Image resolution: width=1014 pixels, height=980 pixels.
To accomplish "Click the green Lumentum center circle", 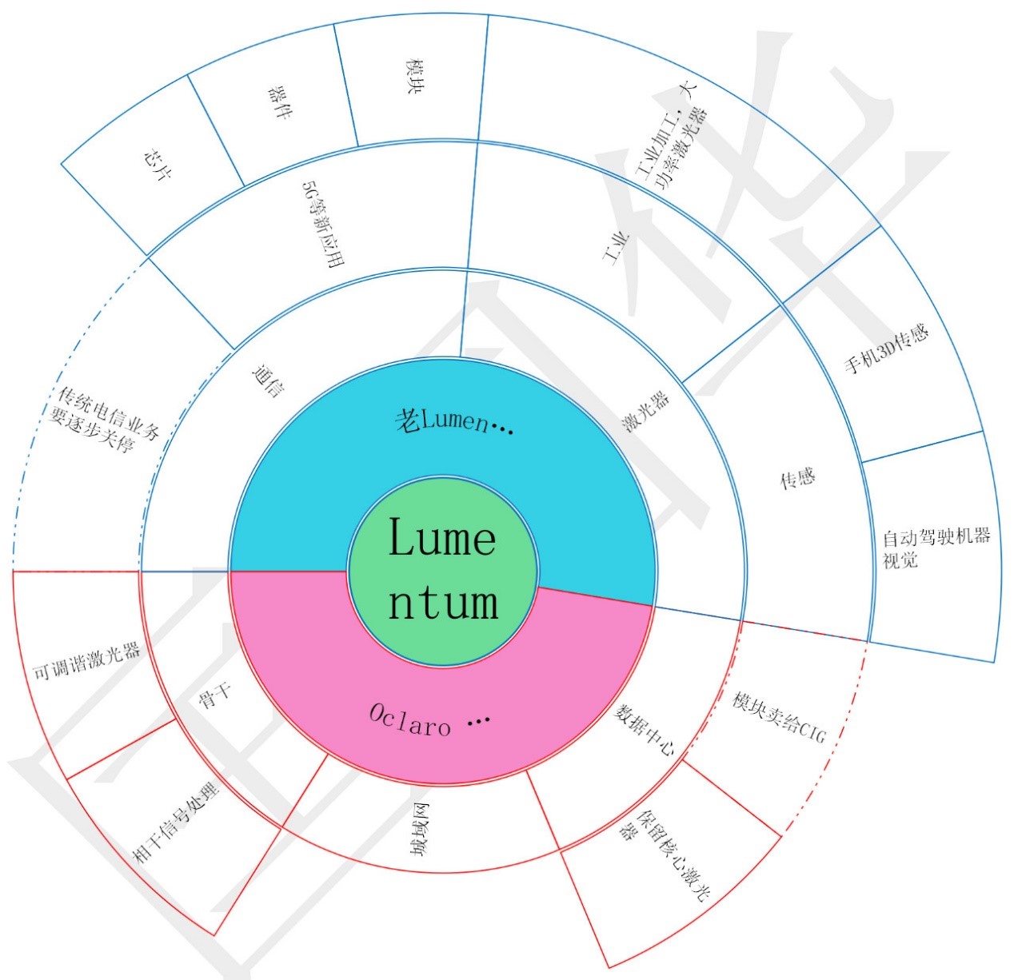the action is coord(442,571).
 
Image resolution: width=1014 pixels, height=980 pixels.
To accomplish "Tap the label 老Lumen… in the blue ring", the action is coord(453,420).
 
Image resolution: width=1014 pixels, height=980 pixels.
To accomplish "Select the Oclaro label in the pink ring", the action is coord(429,720).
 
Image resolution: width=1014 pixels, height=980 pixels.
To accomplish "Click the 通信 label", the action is coord(269,381).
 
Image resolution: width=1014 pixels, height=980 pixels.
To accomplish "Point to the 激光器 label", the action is coord(645,411).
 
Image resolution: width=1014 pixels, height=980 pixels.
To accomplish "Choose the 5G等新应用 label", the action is coord(323,224).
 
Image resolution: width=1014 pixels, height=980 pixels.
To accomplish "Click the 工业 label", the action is coord(616,249).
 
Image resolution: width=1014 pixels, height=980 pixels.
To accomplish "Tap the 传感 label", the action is coord(796,477).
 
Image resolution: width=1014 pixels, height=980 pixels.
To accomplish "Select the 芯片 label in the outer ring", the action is coord(158,164).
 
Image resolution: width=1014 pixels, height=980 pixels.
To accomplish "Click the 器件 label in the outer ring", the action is coord(280,103).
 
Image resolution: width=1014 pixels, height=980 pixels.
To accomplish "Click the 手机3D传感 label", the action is coord(885,348).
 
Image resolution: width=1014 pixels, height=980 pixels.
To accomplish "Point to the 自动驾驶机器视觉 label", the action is coord(936,548).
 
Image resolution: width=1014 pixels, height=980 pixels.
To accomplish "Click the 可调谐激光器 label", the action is coord(87,661).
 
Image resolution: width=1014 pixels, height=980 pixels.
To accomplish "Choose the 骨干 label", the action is coord(214,695).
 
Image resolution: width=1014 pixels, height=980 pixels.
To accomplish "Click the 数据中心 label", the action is coord(644,730).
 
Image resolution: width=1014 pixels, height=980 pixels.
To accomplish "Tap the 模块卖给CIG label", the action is coord(779,716).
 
